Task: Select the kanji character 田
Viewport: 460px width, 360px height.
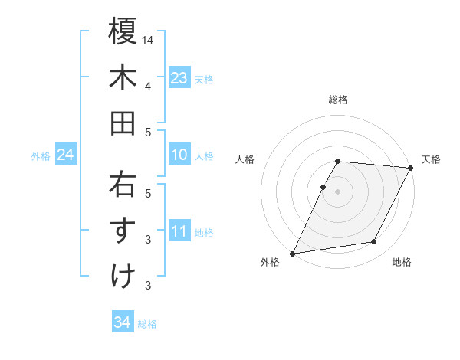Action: tap(123, 123)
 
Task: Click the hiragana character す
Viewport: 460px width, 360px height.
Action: tap(123, 231)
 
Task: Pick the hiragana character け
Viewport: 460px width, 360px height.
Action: tap(123, 277)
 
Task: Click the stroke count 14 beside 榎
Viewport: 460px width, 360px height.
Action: tap(148, 40)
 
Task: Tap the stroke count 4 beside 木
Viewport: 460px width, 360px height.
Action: tap(148, 86)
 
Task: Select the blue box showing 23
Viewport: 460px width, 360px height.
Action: tap(179, 78)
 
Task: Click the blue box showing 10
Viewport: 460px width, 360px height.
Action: tap(179, 155)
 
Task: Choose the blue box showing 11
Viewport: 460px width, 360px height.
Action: tap(179, 231)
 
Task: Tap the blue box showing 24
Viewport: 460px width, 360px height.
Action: tap(65, 155)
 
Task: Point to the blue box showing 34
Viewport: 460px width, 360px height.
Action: tap(122, 322)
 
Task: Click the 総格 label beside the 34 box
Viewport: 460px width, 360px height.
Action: tap(147, 324)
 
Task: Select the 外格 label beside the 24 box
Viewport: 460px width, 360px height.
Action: tap(41, 156)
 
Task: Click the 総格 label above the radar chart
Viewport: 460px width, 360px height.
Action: tap(337, 100)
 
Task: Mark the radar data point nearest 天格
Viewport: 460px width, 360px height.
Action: tap(411, 168)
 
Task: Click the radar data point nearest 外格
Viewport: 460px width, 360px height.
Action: tap(292, 254)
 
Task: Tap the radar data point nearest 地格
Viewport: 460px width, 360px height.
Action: tap(374, 242)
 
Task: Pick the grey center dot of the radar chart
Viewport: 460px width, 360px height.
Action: tap(337, 191)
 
